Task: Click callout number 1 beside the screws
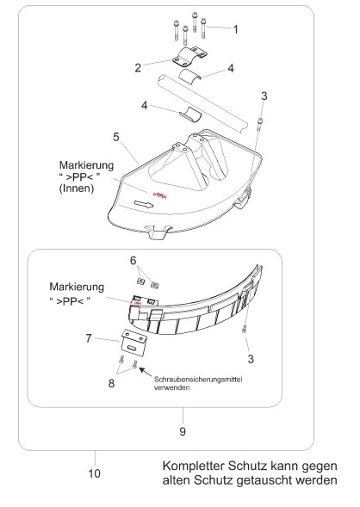point(236,29)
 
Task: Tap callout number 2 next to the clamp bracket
point(138,68)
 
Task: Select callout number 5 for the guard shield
point(116,137)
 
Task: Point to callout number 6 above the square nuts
point(133,260)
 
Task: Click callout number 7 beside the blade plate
point(89,338)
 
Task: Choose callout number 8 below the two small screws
point(111,383)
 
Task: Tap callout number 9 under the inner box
point(183,431)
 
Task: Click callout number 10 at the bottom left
point(95,473)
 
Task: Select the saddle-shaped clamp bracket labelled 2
point(189,57)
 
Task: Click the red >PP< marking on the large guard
point(159,195)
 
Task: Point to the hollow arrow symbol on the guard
point(143,204)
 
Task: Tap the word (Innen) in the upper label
point(77,189)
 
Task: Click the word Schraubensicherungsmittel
point(198,379)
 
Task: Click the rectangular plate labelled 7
point(134,343)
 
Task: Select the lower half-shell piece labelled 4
point(190,114)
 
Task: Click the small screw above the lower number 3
point(244,329)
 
